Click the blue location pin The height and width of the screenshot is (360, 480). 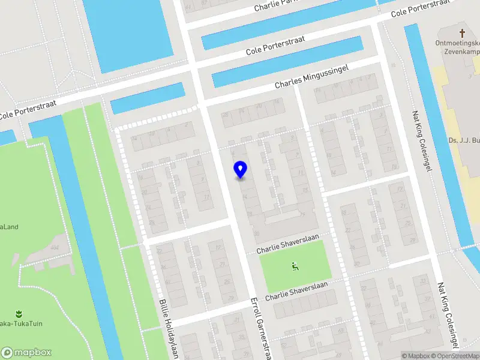[x=241, y=170]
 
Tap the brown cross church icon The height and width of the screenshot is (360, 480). [x=462, y=34]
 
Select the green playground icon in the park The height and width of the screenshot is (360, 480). [x=295, y=266]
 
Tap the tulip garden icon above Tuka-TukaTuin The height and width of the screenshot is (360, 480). [x=18, y=313]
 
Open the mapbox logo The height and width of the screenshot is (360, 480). [x=26, y=352]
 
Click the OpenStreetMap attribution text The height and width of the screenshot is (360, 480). [x=454, y=356]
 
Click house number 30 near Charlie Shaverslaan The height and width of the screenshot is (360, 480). [x=257, y=234]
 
